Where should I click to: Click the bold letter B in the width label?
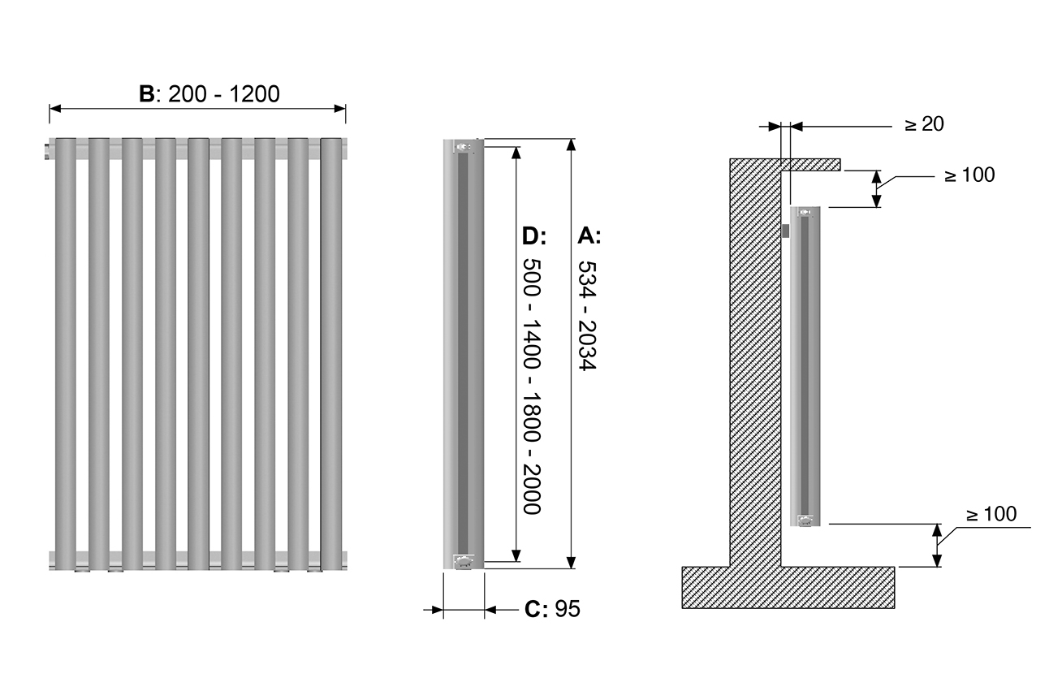[146, 94]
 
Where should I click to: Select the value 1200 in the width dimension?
[254, 94]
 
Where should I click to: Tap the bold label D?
[534, 235]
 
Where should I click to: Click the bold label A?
[589, 235]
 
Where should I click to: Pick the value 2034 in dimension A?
[586, 345]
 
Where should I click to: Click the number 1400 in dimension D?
[532, 345]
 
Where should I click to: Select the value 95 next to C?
[568, 609]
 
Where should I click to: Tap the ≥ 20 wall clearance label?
[924, 124]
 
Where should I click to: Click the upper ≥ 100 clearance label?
[969, 175]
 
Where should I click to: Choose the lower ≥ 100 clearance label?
[991, 514]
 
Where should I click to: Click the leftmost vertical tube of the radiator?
[66, 353]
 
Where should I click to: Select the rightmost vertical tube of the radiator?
[331, 353]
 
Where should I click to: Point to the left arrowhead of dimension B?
[55, 109]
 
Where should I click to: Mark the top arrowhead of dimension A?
[572, 145]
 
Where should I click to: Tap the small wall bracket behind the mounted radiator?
[785, 231]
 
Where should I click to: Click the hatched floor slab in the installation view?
[788, 587]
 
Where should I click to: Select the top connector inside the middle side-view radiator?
[463, 147]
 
